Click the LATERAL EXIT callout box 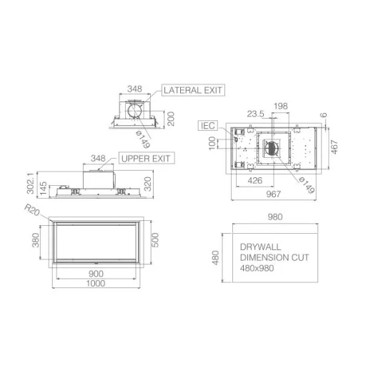(x=193, y=90)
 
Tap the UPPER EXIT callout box (x=147, y=158)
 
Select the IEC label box (x=208, y=126)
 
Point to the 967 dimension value (x=273, y=194)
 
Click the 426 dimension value (x=255, y=181)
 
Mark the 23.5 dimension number (x=255, y=114)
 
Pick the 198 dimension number (x=281, y=106)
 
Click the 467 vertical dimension (x=335, y=147)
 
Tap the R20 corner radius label (x=32, y=209)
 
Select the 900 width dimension (x=96, y=274)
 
